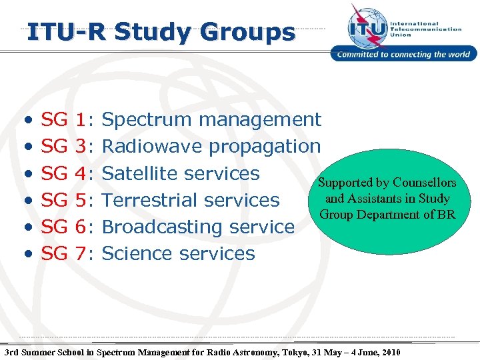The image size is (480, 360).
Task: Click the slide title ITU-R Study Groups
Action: pyautogui.click(x=160, y=31)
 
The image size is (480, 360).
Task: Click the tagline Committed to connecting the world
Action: pyautogui.click(x=404, y=55)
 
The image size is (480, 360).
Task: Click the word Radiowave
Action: pyautogui.click(x=153, y=147)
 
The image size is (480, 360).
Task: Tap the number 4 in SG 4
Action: pyautogui.click(x=81, y=173)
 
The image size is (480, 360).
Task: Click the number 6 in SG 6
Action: pyautogui.click(x=81, y=227)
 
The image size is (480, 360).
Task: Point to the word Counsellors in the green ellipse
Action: pyautogui.click(x=425, y=183)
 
